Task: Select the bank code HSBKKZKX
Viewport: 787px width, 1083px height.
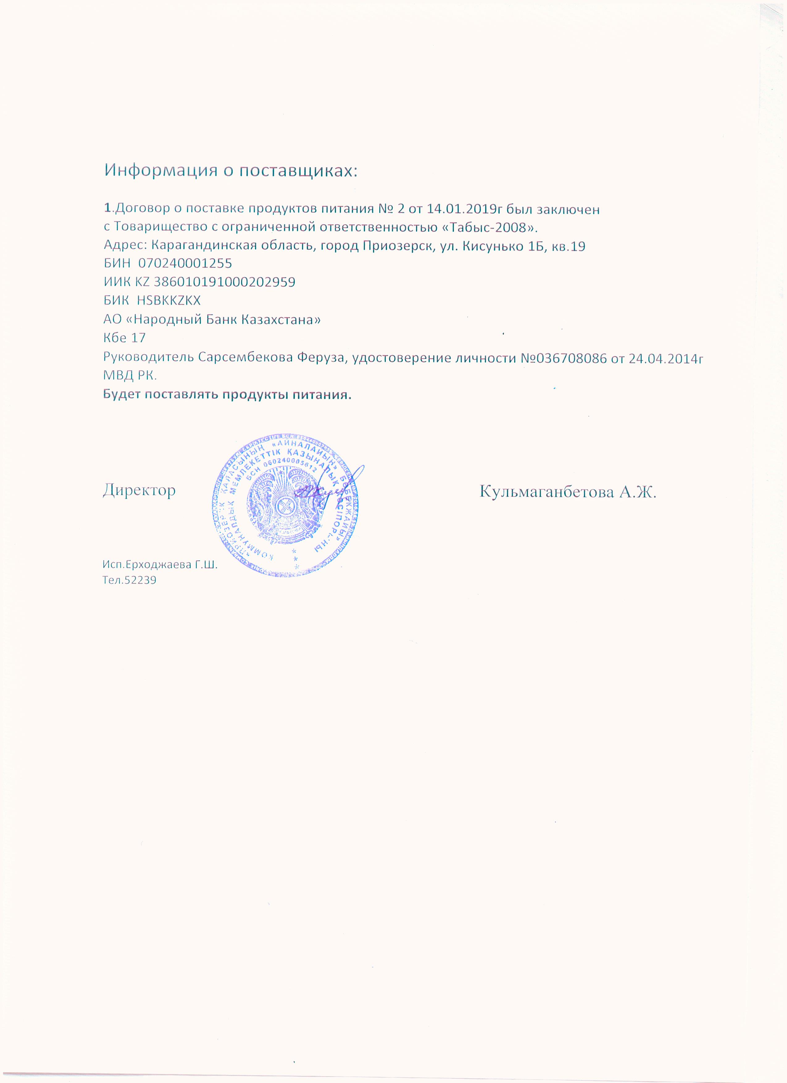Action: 169,300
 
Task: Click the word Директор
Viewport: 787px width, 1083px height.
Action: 139,490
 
